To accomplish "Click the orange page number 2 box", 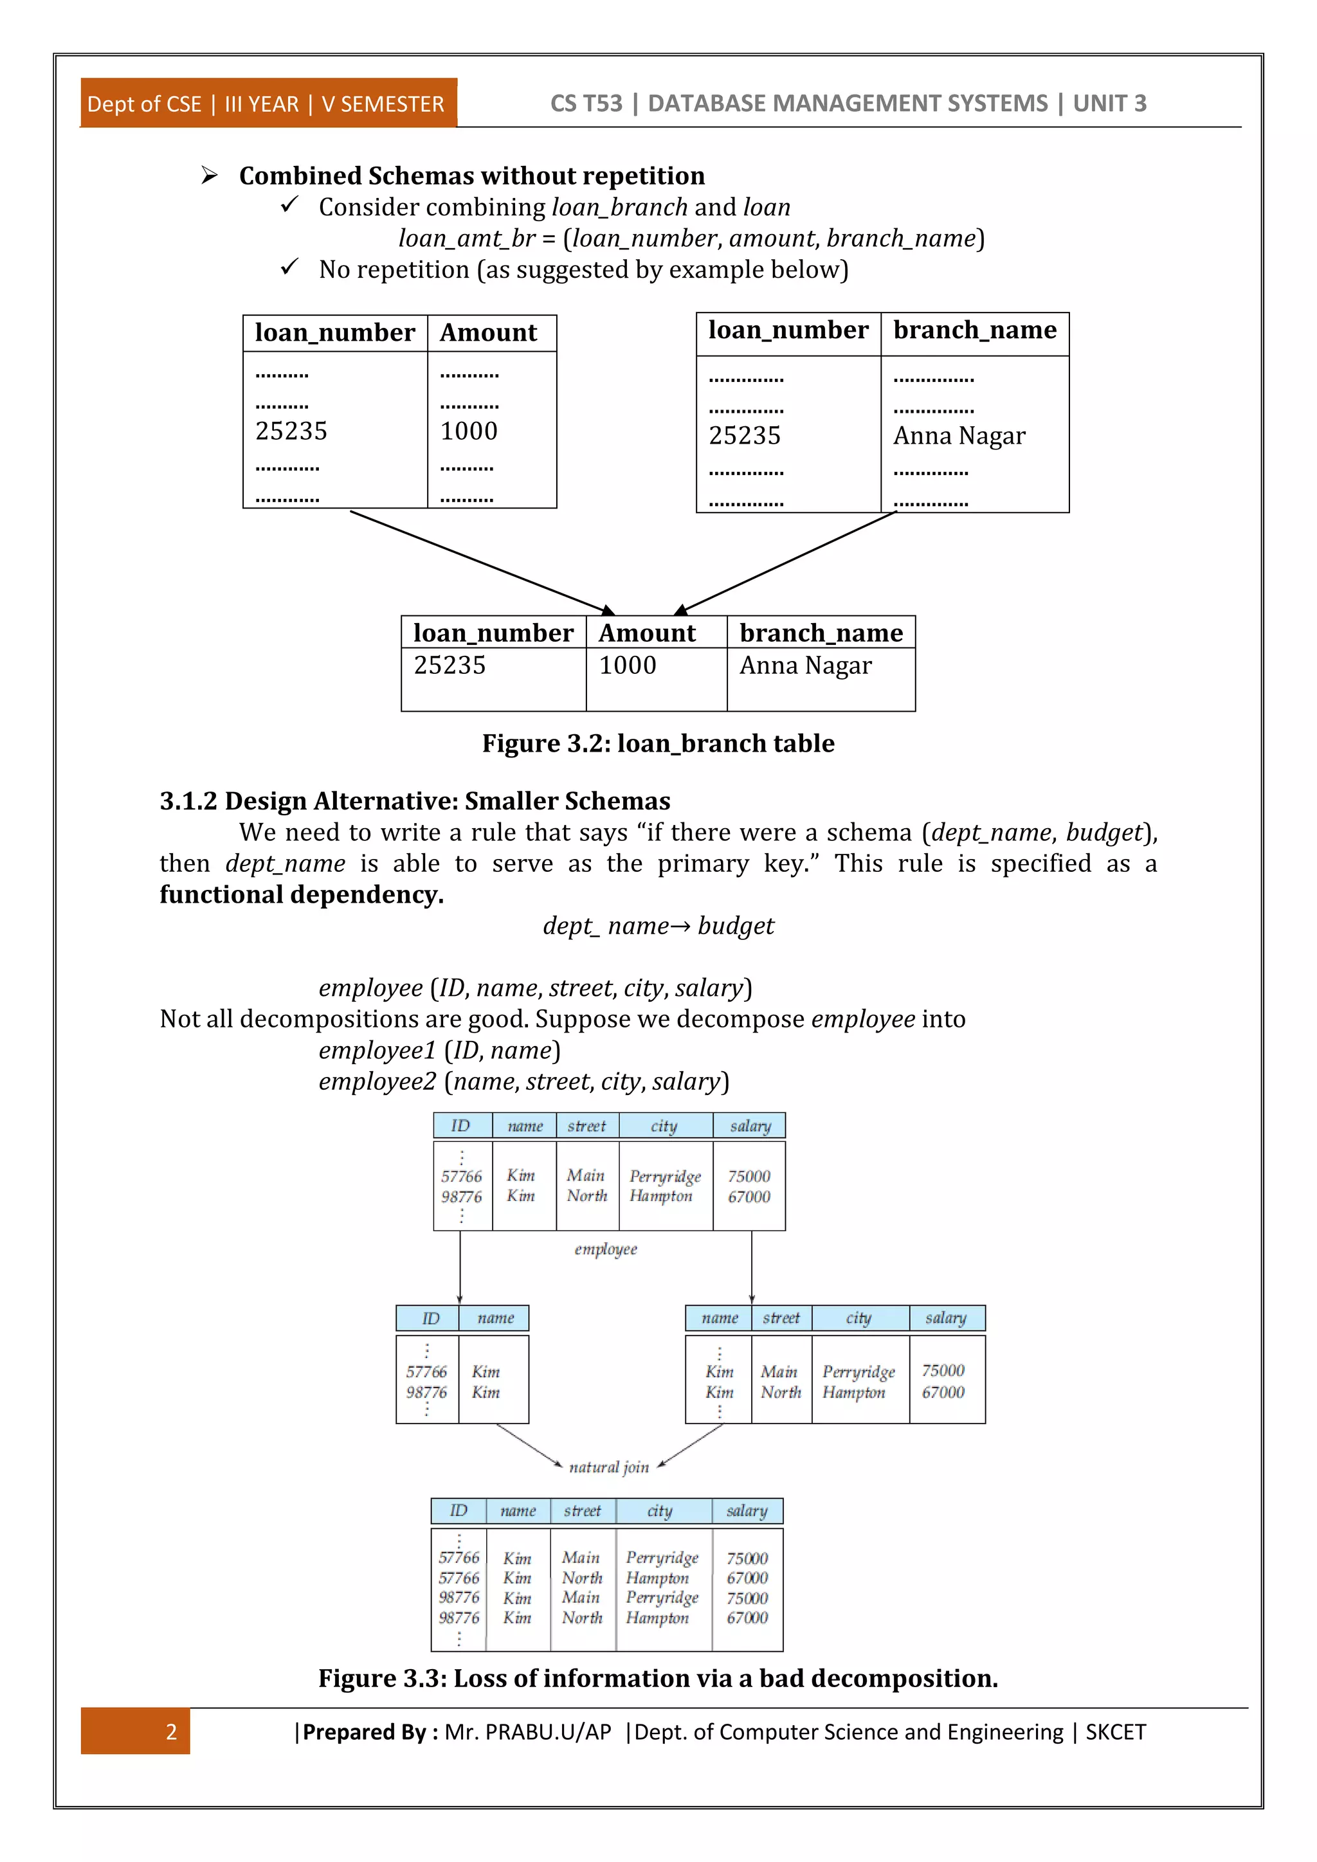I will click(x=136, y=1731).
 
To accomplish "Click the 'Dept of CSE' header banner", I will click(x=268, y=104).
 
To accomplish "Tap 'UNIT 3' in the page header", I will click(x=1109, y=104).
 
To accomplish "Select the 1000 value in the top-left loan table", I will click(x=469, y=431).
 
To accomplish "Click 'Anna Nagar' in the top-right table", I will click(x=959, y=437).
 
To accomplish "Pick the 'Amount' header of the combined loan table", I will click(x=647, y=633).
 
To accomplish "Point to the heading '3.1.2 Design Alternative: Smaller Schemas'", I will click(x=414, y=801).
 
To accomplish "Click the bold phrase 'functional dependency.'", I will click(x=302, y=894).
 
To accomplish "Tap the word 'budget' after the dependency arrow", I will click(x=736, y=926).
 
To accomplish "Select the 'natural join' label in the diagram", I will click(x=609, y=1467).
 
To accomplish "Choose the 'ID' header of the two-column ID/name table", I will click(x=431, y=1319).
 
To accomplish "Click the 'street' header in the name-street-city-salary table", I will click(x=781, y=1319).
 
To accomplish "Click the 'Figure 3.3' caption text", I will click(x=658, y=1678).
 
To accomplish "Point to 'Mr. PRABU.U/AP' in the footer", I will click(x=527, y=1732).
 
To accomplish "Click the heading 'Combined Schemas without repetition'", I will click(x=471, y=176).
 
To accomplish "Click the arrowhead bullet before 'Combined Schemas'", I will click(x=209, y=175).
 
